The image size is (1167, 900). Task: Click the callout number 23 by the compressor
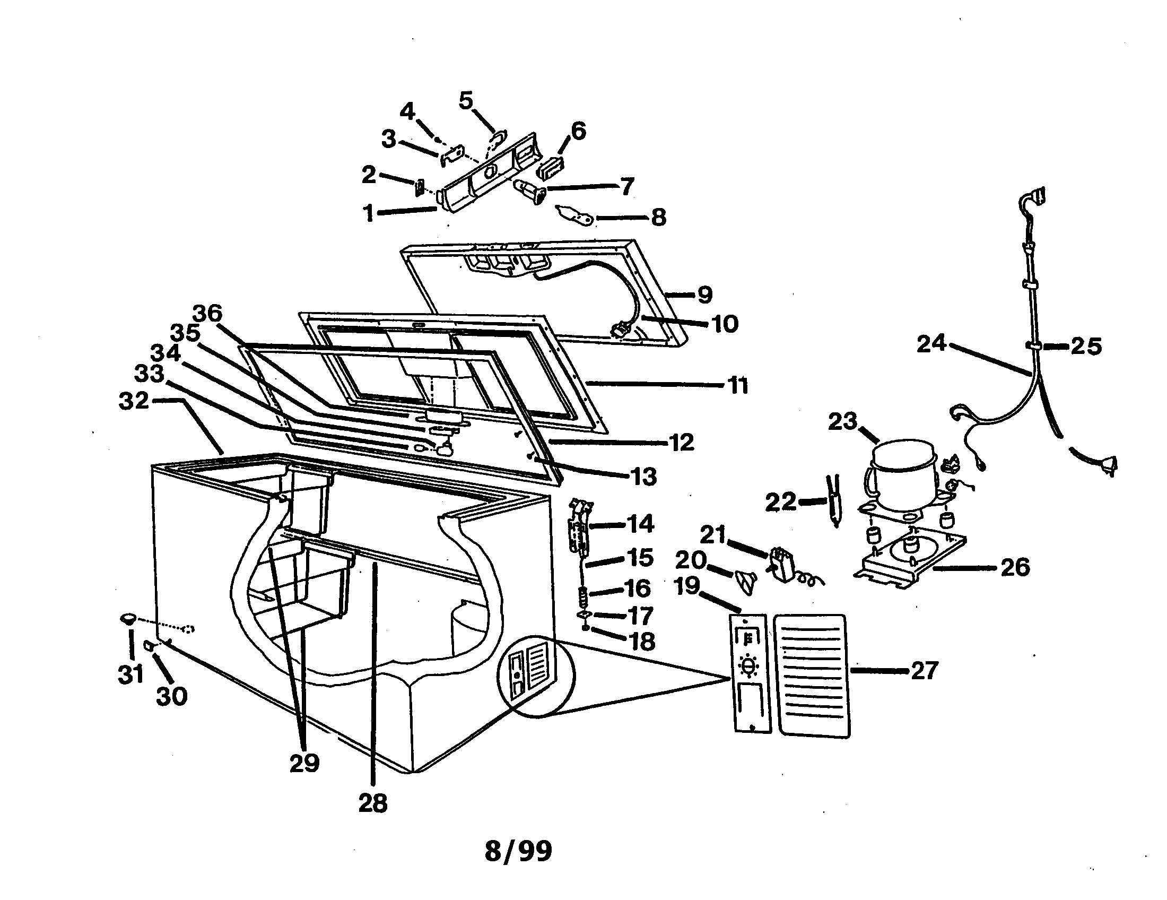point(843,422)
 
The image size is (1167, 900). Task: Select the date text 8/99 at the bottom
point(518,851)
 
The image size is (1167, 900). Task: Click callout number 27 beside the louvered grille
point(925,670)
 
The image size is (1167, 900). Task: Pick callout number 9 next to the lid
point(706,294)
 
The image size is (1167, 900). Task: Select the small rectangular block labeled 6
point(551,167)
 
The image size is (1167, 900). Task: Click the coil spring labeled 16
point(585,594)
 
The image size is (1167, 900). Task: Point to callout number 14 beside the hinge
point(640,524)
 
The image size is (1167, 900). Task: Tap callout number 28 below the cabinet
point(373,803)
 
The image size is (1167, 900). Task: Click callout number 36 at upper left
point(207,313)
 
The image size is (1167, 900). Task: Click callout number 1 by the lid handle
point(369,213)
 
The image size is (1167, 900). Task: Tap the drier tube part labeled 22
point(833,500)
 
